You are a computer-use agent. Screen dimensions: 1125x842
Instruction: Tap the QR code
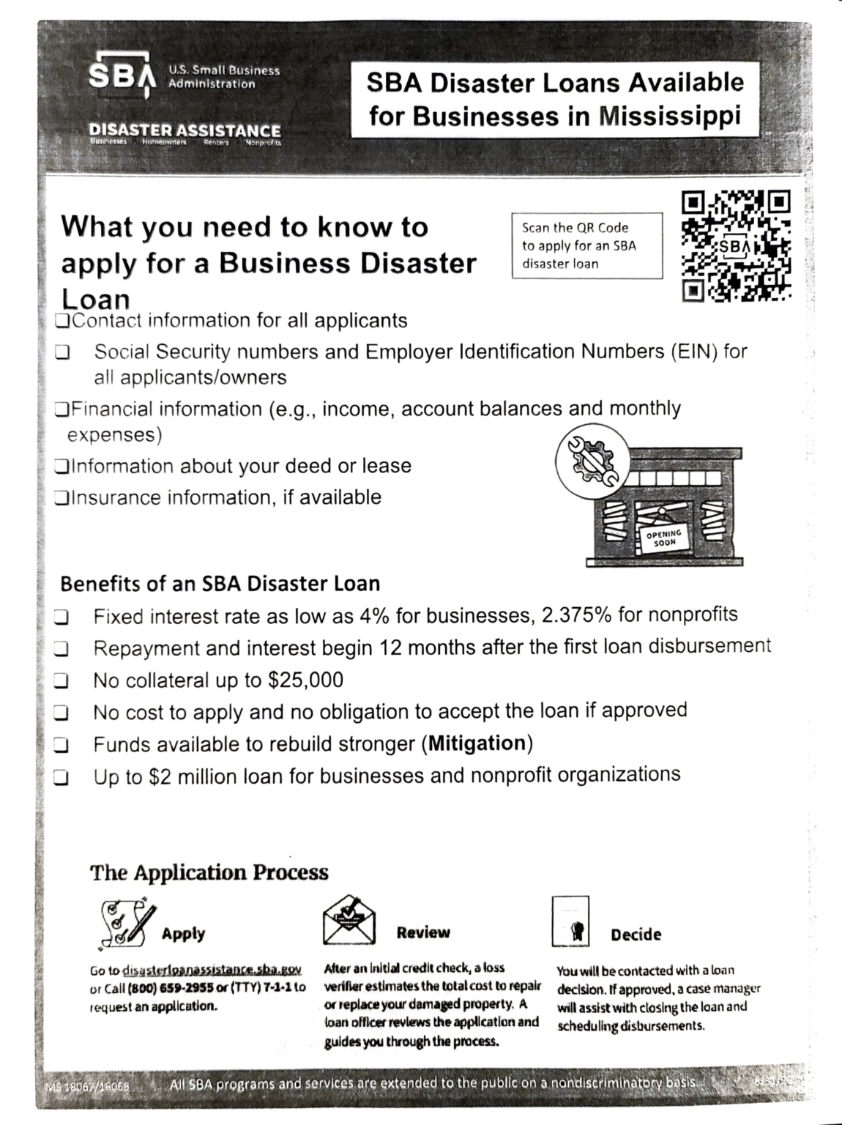(737, 247)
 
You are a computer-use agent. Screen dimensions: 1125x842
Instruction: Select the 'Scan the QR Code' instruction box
(587, 245)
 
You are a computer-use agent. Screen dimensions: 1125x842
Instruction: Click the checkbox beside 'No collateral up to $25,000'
(62, 681)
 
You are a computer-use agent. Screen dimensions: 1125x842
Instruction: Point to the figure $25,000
(306, 680)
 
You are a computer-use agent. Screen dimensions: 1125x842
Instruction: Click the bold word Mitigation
(477, 743)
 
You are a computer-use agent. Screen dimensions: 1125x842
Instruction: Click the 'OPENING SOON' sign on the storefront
(664, 538)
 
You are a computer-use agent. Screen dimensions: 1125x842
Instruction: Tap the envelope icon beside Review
(349, 921)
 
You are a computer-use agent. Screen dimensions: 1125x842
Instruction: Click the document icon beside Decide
(570, 922)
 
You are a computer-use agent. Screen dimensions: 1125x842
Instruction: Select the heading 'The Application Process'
(209, 872)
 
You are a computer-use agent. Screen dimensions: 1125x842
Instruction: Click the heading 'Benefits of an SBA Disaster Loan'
(220, 584)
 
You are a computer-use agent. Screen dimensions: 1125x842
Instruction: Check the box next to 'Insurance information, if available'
(62, 498)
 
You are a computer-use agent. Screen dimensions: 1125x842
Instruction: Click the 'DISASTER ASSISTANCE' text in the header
(185, 130)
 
